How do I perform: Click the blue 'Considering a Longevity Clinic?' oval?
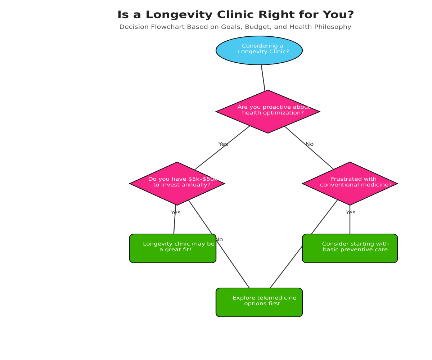coord(259,50)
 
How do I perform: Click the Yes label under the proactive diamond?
coord(223,144)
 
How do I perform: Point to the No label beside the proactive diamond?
coord(310,144)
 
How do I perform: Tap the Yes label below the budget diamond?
coord(176,213)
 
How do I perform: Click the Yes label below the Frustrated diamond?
coord(351,213)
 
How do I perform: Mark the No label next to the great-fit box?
coord(219,240)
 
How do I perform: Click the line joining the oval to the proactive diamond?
coord(263,78)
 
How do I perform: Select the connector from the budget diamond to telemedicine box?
coord(230,261)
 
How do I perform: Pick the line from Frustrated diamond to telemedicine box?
coord(288,265)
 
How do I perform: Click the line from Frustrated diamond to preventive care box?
coord(350,223)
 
